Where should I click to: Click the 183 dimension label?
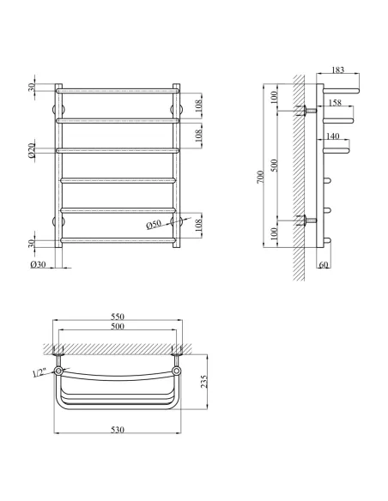coord(338,69)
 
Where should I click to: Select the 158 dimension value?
coord(335,103)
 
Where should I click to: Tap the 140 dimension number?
coord(333,136)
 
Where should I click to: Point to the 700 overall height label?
coord(260,177)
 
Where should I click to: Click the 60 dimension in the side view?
coord(324,265)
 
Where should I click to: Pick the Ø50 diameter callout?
coord(154,225)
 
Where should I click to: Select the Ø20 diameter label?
coord(31,150)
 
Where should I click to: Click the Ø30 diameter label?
coord(39,264)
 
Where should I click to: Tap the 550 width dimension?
coord(118,317)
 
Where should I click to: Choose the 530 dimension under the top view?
coord(118,430)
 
